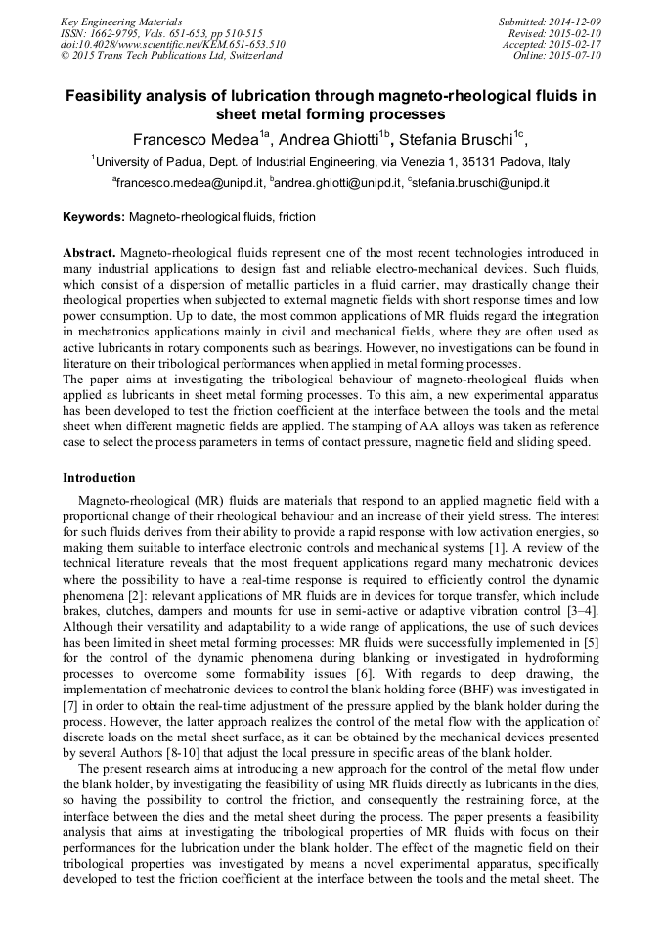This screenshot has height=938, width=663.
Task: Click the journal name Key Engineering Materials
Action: click(121, 22)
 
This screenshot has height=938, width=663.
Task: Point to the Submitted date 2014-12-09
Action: click(575, 22)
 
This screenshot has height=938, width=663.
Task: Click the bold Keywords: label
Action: click(94, 217)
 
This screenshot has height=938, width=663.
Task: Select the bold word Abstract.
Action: click(91, 252)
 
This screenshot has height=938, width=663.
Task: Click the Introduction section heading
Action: click(99, 478)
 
